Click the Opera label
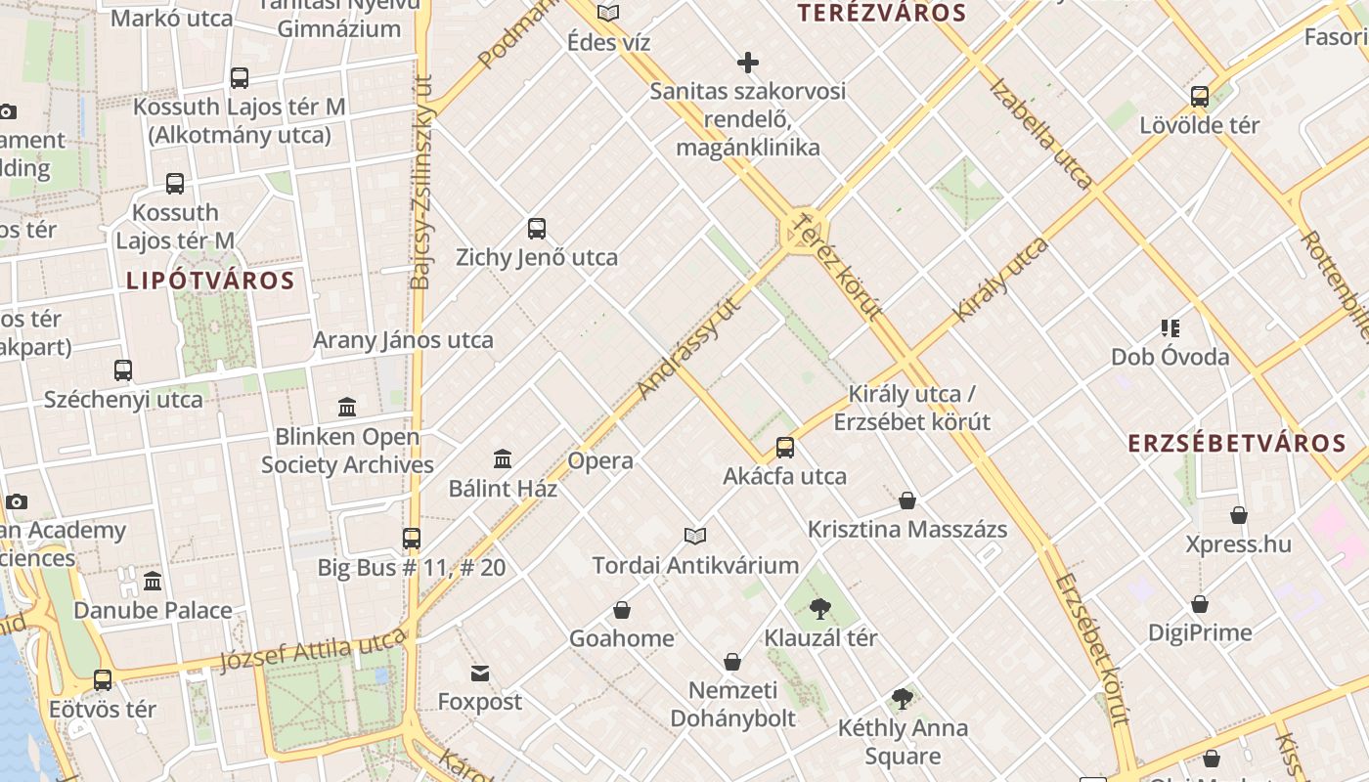click(x=600, y=460)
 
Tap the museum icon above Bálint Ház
click(x=503, y=458)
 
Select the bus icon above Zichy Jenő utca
click(x=536, y=229)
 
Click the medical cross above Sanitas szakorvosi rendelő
click(x=748, y=64)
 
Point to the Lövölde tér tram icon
click(x=1200, y=97)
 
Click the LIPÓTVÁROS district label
click(x=210, y=281)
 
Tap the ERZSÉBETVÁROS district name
click(x=1237, y=443)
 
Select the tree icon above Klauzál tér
click(x=820, y=610)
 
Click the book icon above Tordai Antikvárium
click(x=695, y=536)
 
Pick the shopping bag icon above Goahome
click(x=621, y=611)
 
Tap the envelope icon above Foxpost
click(x=479, y=673)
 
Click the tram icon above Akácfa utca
click(x=784, y=448)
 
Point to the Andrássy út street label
click(x=688, y=348)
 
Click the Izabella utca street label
click(x=1040, y=132)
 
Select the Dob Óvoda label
click(x=1170, y=357)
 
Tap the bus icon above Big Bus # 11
click(x=411, y=539)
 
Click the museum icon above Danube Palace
click(x=153, y=582)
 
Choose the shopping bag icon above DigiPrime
click(x=1200, y=604)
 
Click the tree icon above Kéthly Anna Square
click(x=903, y=699)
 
